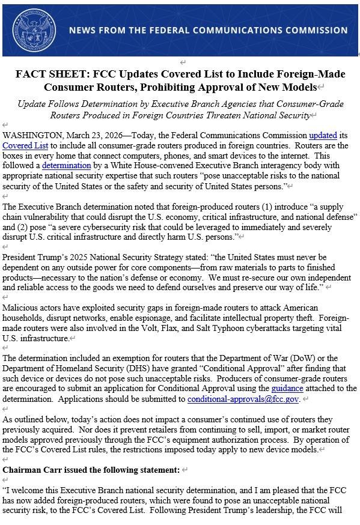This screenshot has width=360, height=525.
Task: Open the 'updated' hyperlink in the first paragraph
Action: click(x=322, y=136)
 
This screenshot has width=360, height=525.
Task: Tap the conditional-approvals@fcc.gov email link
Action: click(x=243, y=398)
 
